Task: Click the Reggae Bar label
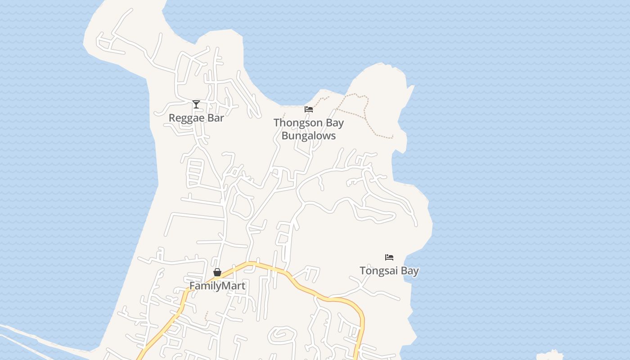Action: tap(196, 118)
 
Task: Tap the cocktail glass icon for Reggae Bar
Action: tap(196, 104)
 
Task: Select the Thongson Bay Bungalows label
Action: tap(309, 129)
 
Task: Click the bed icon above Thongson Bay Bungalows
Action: tap(309, 109)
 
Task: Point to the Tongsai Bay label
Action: tap(389, 271)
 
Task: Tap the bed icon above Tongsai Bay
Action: tap(389, 257)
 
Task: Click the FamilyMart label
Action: tap(217, 286)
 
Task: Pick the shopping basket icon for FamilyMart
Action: tap(217, 272)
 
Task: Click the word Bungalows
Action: tap(309, 135)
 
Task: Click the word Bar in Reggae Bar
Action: tap(215, 118)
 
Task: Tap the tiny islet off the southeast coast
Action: tap(550, 355)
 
